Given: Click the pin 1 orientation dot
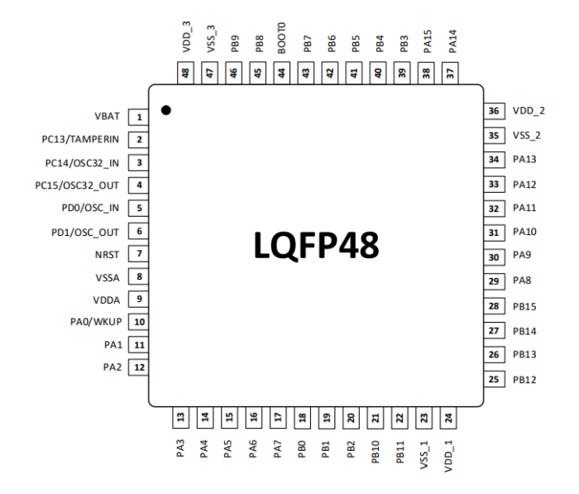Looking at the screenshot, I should point(166,110).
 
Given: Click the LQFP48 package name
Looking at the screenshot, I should point(314,247).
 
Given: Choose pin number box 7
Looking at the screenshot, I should point(140,254).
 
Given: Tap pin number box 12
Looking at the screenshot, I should point(140,367).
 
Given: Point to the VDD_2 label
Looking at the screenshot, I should point(529,111).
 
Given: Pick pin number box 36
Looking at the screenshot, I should point(494,111).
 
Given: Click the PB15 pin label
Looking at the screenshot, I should point(524,306).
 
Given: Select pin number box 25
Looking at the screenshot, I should point(494,380).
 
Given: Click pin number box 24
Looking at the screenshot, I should point(449,418).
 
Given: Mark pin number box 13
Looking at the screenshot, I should point(181,418).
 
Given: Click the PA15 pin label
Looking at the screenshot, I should point(427,41).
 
